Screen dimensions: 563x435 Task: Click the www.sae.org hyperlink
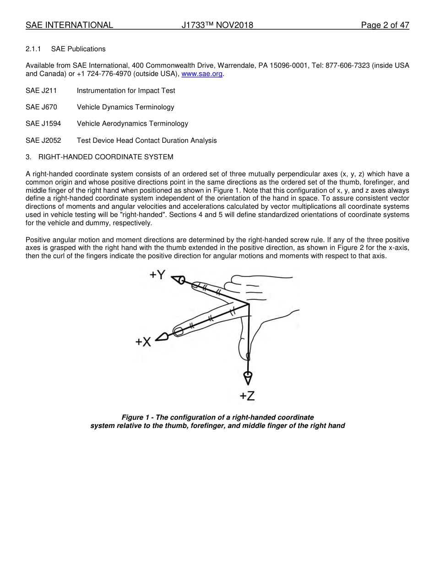click(202, 74)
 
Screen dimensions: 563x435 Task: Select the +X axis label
click(143, 341)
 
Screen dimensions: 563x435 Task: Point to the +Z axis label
click(247, 395)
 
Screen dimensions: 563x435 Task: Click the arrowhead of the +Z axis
click(248, 378)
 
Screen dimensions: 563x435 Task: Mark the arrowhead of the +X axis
click(161, 337)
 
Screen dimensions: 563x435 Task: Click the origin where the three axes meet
click(249, 304)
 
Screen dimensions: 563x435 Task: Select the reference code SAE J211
click(41, 91)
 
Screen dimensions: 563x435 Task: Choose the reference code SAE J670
click(41, 107)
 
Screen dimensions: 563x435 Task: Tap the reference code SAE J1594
click(43, 124)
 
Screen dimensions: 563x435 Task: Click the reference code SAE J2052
click(43, 141)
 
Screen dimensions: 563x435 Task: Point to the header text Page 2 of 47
click(385, 25)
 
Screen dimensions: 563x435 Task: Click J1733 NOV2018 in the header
click(217, 25)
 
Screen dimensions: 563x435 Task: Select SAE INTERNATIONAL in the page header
click(69, 25)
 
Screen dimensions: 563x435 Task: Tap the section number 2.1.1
click(33, 49)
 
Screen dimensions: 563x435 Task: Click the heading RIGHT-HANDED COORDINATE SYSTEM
click(106, 157)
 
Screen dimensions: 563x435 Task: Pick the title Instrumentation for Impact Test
click(126, 91)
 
